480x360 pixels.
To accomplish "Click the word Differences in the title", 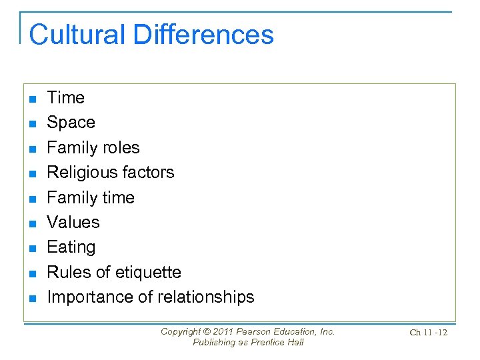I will point(203,35).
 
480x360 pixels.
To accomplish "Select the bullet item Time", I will point(66,97).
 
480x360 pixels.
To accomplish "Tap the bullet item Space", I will point(71,123).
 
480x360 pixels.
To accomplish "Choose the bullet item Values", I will point(73,222).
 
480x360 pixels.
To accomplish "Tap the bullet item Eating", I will point(71,247).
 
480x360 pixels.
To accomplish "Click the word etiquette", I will point(148,272).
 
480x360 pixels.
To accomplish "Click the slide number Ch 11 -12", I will point(428,332).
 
